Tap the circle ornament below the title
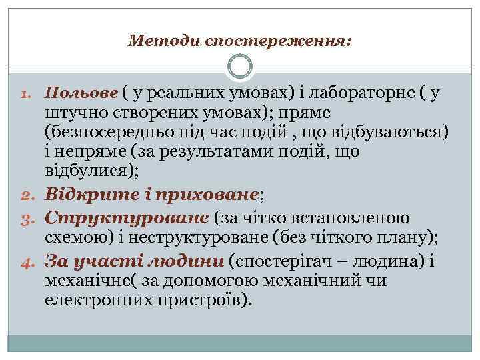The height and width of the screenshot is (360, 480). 240,67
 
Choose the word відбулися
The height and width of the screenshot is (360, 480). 89,171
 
